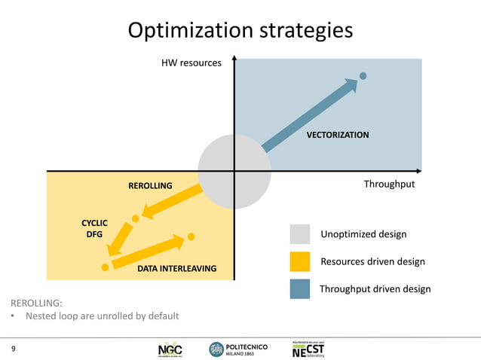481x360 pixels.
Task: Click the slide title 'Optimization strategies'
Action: tap(240, 30)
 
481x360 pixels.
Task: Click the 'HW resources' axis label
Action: tap(191, 63)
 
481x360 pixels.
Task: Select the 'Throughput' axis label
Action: tap(389, 184)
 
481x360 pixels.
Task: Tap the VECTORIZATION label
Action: tap(337, 135)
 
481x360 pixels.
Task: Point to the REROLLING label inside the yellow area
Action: tap(149, 185)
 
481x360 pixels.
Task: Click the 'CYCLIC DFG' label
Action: tap(94, 228)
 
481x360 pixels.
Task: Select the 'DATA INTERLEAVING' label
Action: tap(176, 268)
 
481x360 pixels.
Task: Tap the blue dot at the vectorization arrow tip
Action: tap(363, 75)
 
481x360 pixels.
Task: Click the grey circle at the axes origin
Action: tap(234, 171)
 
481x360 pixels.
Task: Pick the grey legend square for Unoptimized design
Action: tap(299, 234)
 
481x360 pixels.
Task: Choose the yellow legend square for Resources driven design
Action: tap(299, 261)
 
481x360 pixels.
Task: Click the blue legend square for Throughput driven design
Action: tap(299, 288)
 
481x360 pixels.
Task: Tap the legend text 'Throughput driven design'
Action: tap(375, 288)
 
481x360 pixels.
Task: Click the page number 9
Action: tap(13, 349)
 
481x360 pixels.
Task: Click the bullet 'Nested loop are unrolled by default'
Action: tap(102, 316)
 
